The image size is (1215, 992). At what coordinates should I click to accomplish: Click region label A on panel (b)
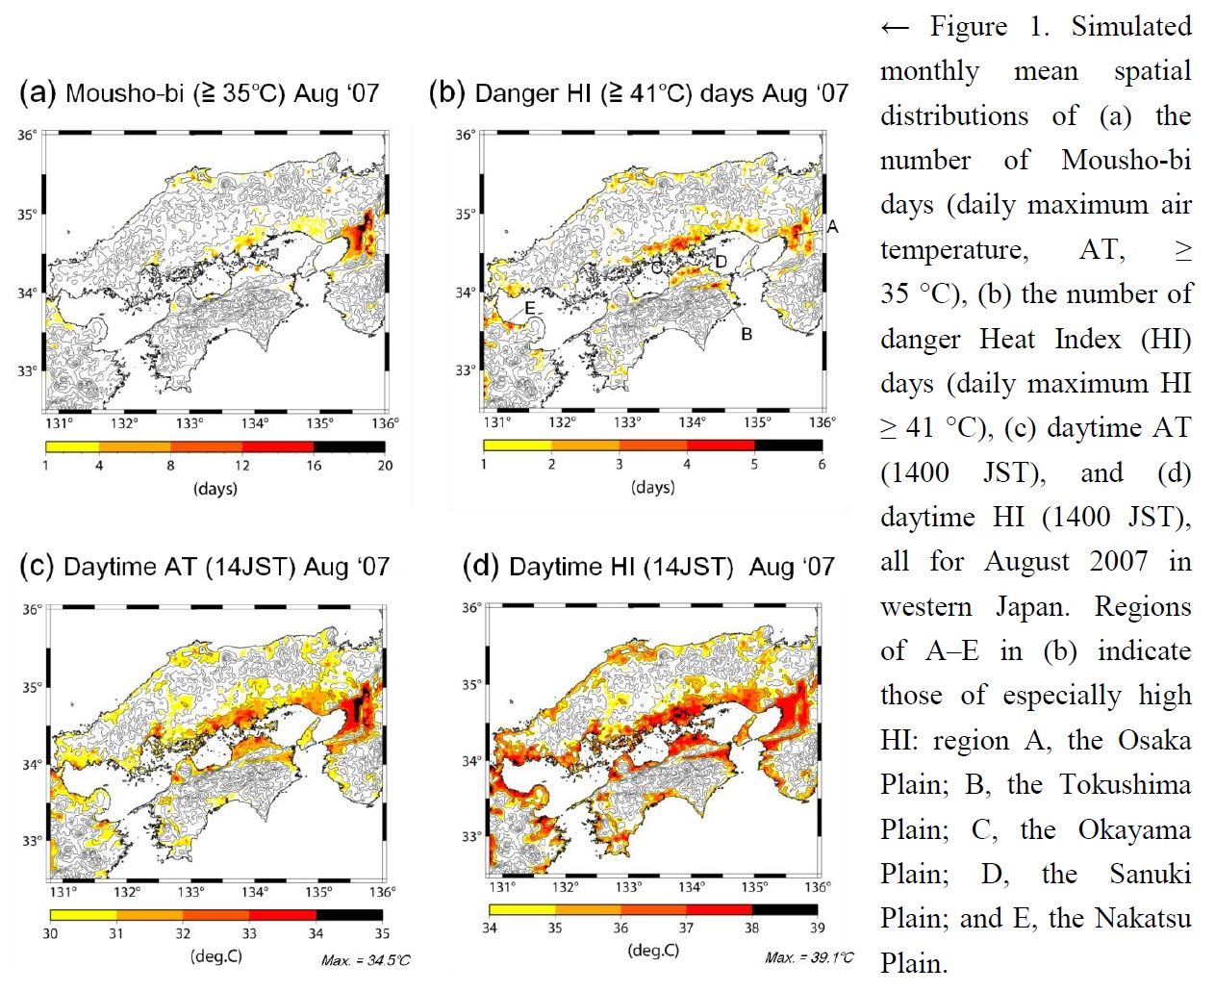point(832,226)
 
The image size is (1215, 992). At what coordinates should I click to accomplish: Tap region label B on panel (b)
point(747,334)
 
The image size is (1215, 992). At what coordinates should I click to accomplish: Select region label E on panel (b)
point(529,308)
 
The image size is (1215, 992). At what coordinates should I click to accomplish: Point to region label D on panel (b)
point(721,262)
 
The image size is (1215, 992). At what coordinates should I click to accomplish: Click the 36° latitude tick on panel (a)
point(27,136)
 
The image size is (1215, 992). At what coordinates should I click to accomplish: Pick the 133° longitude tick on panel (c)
point(190,892)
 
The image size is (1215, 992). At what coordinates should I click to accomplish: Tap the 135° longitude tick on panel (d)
point(755,886)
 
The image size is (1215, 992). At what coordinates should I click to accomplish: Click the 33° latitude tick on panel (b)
point(466,370)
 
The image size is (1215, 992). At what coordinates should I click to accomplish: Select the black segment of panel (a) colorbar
point(349,446)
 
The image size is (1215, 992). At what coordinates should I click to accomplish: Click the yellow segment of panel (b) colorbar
point(518,445)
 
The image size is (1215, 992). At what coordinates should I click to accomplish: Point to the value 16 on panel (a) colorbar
point(314,466)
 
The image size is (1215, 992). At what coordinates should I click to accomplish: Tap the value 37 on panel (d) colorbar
point(686,928)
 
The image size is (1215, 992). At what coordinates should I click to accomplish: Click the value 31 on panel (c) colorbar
point(116,933)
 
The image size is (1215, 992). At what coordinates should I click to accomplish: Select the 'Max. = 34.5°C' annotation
point(366,960)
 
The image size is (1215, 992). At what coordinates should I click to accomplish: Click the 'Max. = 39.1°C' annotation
point(809,957)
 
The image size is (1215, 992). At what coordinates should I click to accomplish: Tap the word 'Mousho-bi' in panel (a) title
point(124,93)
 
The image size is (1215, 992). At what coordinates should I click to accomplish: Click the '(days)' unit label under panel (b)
point(653,488)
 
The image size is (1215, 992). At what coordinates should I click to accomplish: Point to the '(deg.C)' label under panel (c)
point(216,956)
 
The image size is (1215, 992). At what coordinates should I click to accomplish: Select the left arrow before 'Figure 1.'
point(895,28)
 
